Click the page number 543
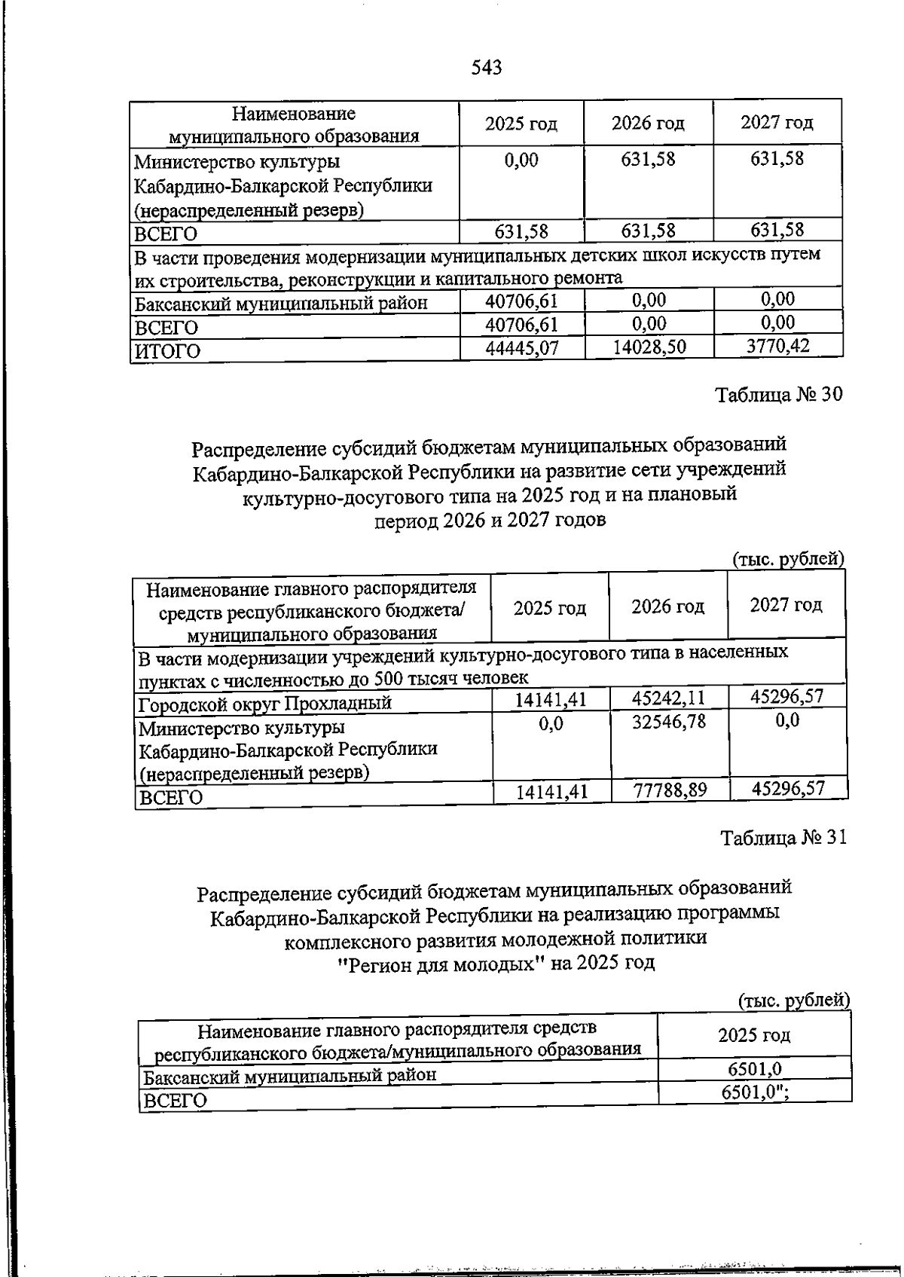click(486, 68)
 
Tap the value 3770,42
click(777, 347)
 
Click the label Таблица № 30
click(778, 395)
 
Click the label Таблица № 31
click(783, 838)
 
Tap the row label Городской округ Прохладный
click(265, 704)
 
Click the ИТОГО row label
click(167, 351)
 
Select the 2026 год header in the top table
click(648, 123)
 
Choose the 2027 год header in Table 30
click(786, 605)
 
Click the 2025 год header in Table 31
click(754, 1034)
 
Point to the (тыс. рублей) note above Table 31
click(793, 1001)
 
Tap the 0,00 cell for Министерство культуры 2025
click(521, 160)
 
